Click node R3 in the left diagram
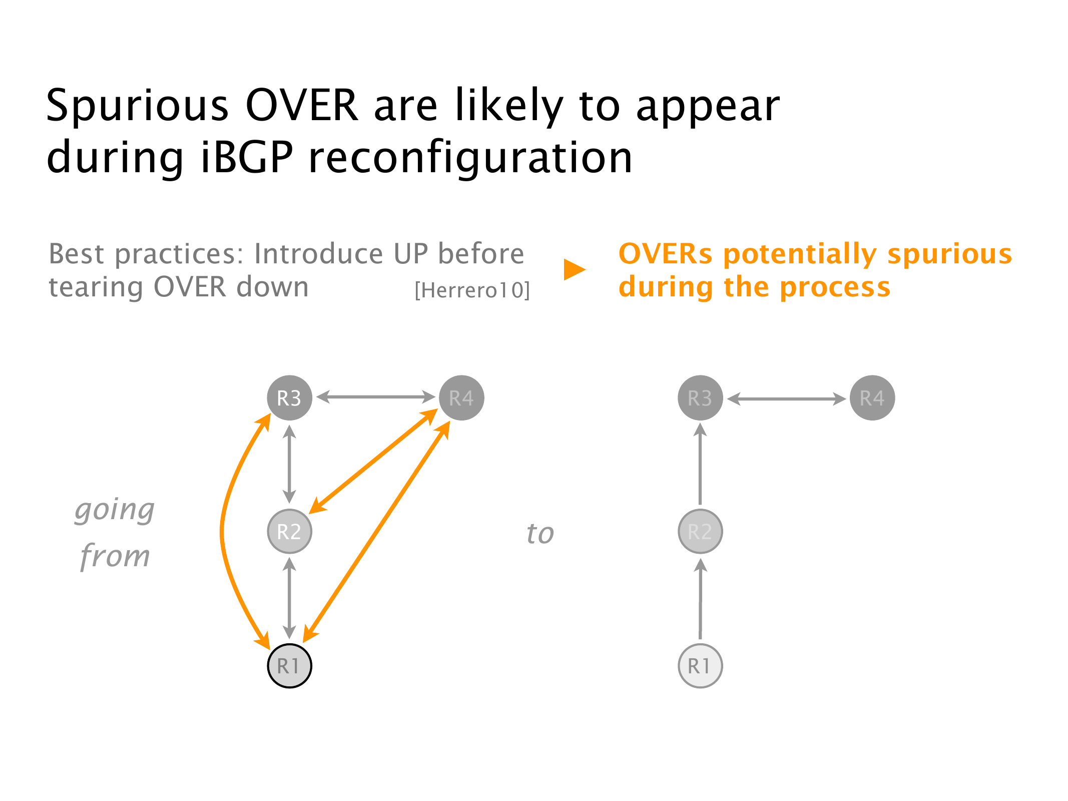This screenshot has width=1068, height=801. (x=289, y=398)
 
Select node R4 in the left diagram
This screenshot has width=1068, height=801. (x=461, y=398)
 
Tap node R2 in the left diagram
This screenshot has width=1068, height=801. (x=289, y=531)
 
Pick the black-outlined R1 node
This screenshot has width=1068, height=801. (x=289, y=666)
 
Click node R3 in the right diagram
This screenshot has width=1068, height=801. (x=700, y=398)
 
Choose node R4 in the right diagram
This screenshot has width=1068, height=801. (x=872, y=398)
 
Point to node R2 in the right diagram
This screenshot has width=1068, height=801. (x=700, y=531)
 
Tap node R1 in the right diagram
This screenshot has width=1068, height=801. (x=700, y=666)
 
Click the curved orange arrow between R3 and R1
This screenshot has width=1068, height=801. (x=222, y=531)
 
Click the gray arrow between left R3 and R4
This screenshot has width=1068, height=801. (x=375, y=397)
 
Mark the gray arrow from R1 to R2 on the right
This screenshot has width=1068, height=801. (x=701, y=599)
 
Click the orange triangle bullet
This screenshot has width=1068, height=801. (x=574, y=269)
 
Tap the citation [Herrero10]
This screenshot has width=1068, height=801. (x=472, y=290)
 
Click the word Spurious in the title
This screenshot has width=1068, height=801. (x=138, y=106)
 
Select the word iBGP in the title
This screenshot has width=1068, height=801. (x=247, y=157)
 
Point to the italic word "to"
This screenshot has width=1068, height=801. (x=541, y=533)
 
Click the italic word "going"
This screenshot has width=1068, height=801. (x=115, y=511)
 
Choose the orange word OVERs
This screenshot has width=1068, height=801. (x=665, y=254)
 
